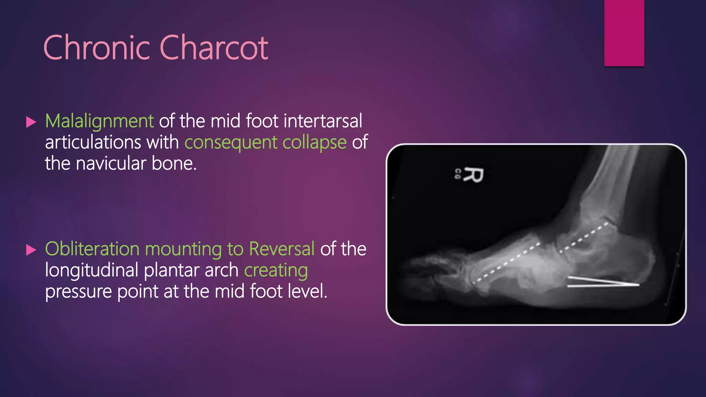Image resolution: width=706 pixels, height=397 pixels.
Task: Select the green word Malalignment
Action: click(99, 121)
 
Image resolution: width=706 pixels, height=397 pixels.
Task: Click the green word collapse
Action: click(314, 143)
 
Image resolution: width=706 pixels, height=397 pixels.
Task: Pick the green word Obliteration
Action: click(92, 249)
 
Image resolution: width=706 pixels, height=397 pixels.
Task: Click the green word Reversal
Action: click(282, 249)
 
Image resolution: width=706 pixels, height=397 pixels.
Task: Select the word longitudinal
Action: click(92, 270)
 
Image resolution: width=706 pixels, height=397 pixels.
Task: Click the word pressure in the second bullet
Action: click(79, 292)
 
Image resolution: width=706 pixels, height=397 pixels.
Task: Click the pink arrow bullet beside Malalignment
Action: click(31, 122)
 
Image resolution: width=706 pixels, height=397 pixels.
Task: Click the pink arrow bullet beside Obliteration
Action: click(31, 250)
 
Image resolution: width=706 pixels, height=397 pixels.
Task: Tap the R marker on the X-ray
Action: click(473, 175)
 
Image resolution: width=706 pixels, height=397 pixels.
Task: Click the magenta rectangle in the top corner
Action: click(624, 33)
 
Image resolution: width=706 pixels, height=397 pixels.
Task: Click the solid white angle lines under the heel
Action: click(603, 282)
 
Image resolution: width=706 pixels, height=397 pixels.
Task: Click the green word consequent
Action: click(231, 143)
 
